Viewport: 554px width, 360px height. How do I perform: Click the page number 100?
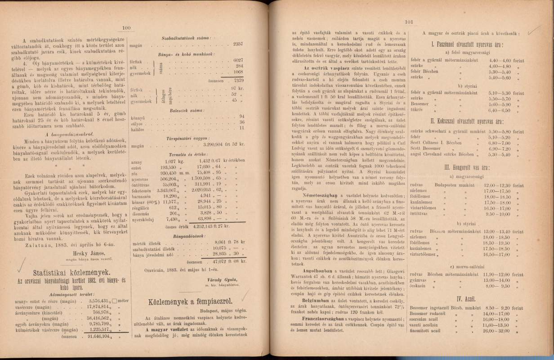126,28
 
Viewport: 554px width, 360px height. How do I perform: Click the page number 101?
409,22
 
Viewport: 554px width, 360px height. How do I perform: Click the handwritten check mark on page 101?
534,30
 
